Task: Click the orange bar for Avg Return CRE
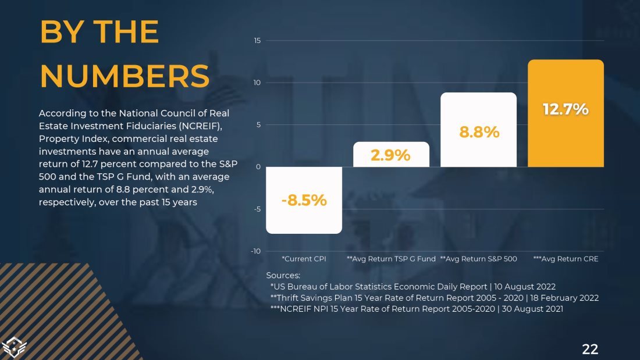coord(566,140)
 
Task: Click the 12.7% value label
coord(566,109)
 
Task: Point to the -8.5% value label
coord(304,201)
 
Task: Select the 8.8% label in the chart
coord(479,132)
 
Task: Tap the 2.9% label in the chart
coord(391,155)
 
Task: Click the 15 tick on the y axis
coord(257,41)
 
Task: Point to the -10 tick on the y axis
coord(256,251)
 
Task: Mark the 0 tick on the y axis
coord(258,167)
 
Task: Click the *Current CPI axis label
coord(304,259)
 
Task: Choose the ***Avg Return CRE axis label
coord(566,259)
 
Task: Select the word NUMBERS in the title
coord(125,76)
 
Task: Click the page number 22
coord(590,349)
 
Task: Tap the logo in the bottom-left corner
coord(15,347)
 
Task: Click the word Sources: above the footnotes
coord(283,275)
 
